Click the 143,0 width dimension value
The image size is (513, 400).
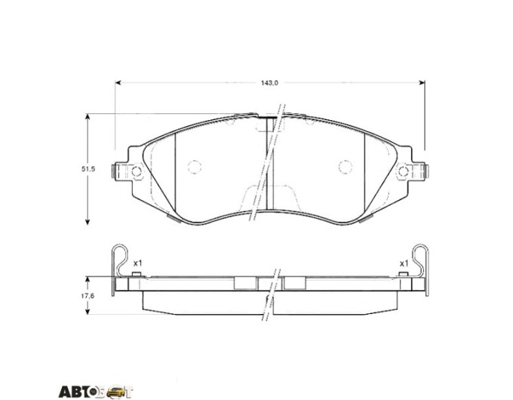269,83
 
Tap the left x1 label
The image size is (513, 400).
138,263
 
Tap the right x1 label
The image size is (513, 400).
404,263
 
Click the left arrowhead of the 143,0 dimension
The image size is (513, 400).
118,83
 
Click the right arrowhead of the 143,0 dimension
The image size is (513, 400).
422,83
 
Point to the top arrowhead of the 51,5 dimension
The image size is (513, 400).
88,117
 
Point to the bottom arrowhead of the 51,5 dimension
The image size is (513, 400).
88,222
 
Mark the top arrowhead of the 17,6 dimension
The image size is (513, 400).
88,280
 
